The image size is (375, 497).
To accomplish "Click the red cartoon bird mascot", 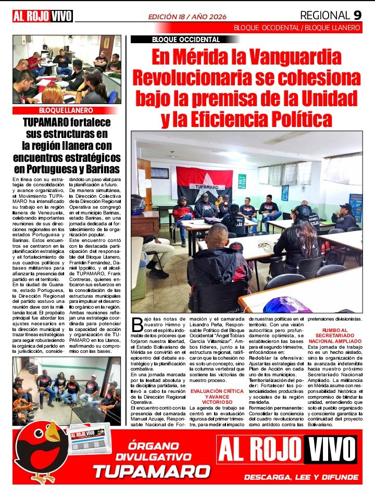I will coord(39,450).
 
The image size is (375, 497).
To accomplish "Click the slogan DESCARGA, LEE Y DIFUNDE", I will coord(302,477).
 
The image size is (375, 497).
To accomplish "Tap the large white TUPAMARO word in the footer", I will coord(152,472).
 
